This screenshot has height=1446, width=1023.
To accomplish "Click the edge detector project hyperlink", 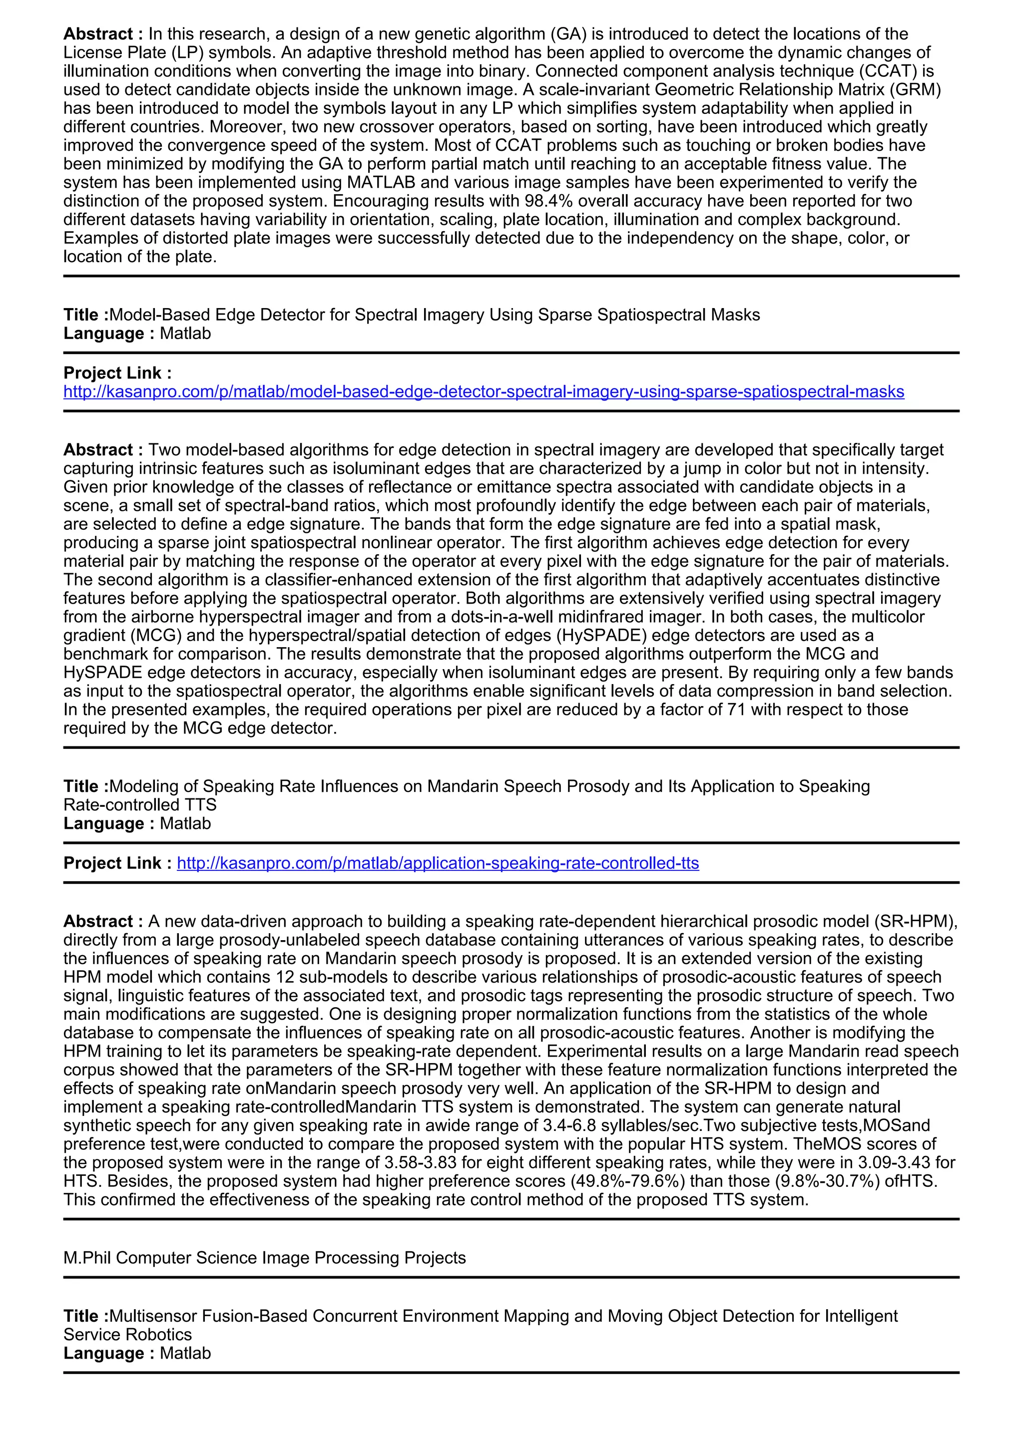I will click(484, 392).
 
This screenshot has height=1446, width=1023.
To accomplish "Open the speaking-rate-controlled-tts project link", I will click(438, 863).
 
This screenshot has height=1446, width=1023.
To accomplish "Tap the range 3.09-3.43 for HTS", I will click(886, 1162).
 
